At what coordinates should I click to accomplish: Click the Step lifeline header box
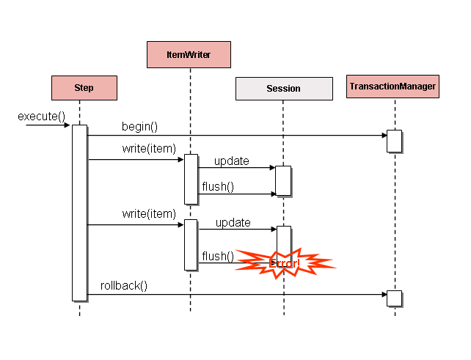[84, 88]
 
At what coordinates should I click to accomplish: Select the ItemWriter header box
[189, 54]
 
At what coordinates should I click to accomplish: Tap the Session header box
[283, 89]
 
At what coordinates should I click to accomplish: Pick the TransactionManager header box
[393, 87]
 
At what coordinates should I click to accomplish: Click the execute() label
[42, 116]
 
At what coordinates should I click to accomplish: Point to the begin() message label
[139, 126]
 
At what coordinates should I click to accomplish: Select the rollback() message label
[123, 285]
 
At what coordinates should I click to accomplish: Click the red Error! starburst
[285, 262]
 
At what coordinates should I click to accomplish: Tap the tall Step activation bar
[79, 213]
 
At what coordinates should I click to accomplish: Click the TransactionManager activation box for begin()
[395, 141]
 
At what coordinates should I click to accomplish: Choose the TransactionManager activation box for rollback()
[395, 298]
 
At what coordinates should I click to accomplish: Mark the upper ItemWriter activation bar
[191, 178]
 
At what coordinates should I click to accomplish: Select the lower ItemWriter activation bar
[191, 244]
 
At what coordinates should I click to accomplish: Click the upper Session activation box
[283, 181]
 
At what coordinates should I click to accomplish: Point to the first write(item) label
[149, 149]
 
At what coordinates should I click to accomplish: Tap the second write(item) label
[149, 214]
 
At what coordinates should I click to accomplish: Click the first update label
[232, 161]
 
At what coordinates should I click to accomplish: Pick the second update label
[233, 222]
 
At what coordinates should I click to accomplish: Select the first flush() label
[218, 186]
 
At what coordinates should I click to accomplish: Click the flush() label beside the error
[218, 256]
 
